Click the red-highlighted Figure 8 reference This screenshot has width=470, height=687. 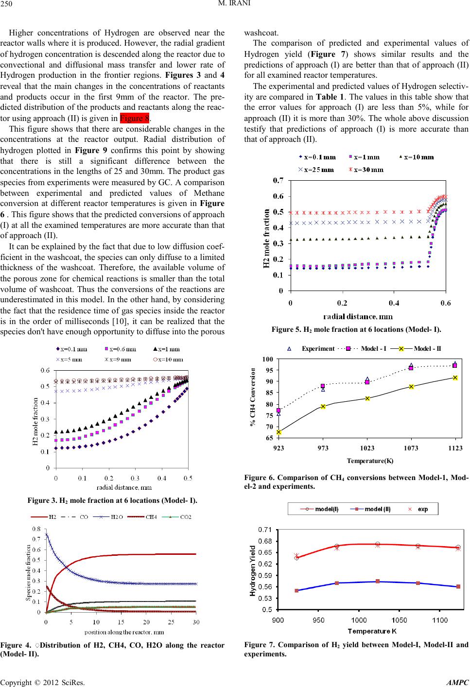pyautogui.click(x=135, y=118)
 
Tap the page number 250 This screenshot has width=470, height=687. pyautogui.click(x=6, y=4)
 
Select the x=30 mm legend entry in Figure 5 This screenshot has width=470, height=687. pyautogui.click(x=366, y=170)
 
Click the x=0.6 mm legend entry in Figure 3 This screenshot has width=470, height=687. pyautogui.click(x=120, y=349)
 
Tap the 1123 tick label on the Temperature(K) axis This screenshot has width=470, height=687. pyautogui.click(x=455, y=448)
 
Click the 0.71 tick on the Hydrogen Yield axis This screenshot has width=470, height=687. pyautogui.click(x=265, y=530)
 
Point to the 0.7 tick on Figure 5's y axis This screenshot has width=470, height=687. pyautogui.click(x=278, y=180)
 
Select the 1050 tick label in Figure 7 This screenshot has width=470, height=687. pyautogui.click(x=399, y=620)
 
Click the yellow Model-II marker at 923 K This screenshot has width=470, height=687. pyautogui.click(x=279, y=432)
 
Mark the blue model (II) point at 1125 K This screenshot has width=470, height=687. pyautogui.click(x=458, y=586)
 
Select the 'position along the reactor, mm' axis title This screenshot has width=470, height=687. pyautogui.click(x=124, y=632)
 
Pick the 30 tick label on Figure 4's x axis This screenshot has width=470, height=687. pyautogui.click(x=196, y=622)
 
